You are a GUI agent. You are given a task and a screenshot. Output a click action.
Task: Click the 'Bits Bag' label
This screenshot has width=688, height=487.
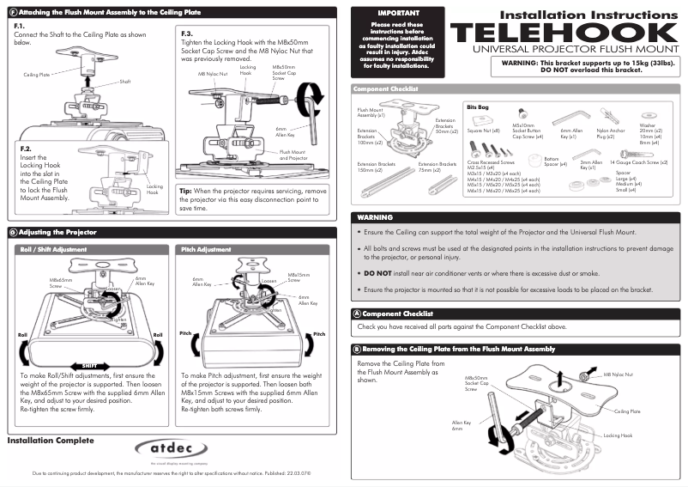tap(477, 107)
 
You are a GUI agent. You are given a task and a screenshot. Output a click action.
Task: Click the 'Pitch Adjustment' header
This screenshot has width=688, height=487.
tap(206, 249)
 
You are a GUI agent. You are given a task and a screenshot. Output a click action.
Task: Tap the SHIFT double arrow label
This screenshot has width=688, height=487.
tap(89, 364)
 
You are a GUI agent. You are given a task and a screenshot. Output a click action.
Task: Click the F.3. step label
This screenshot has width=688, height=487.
tap(188, 32)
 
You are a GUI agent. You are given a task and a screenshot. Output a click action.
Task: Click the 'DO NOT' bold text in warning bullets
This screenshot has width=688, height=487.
tap(377, 272)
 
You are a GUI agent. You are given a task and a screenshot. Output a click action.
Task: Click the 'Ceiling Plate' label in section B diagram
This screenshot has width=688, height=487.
tap(631, 411)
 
